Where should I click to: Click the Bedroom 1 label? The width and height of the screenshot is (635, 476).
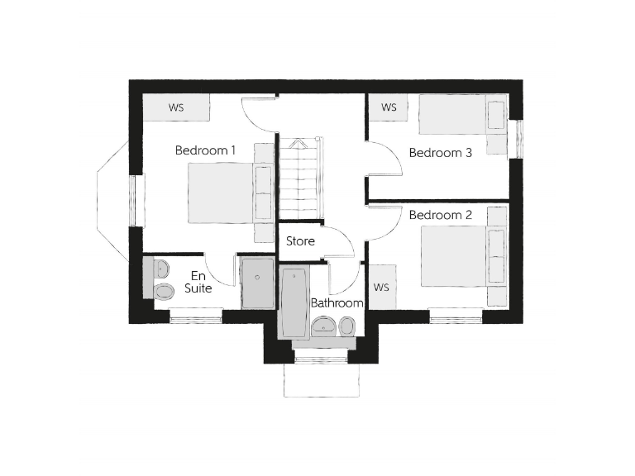point(205,150)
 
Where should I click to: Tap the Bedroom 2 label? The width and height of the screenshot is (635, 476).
point(441,215)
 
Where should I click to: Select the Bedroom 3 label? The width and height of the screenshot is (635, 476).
point(441,153)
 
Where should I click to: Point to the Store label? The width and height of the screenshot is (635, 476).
point(300,241)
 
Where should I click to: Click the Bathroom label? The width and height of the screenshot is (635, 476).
point(337,303)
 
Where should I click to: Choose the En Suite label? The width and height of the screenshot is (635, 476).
point(200,282)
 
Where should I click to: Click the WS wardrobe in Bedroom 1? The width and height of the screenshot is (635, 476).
point(175,107)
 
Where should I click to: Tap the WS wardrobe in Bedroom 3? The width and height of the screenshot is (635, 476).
point(389,107)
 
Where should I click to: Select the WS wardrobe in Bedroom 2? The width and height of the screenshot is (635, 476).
point(381,287)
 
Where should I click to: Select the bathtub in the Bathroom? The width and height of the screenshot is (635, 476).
point(294,302)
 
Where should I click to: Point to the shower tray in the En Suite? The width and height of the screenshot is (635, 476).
point(257,282)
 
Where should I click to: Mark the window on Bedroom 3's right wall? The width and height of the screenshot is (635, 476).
point(518,138)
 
